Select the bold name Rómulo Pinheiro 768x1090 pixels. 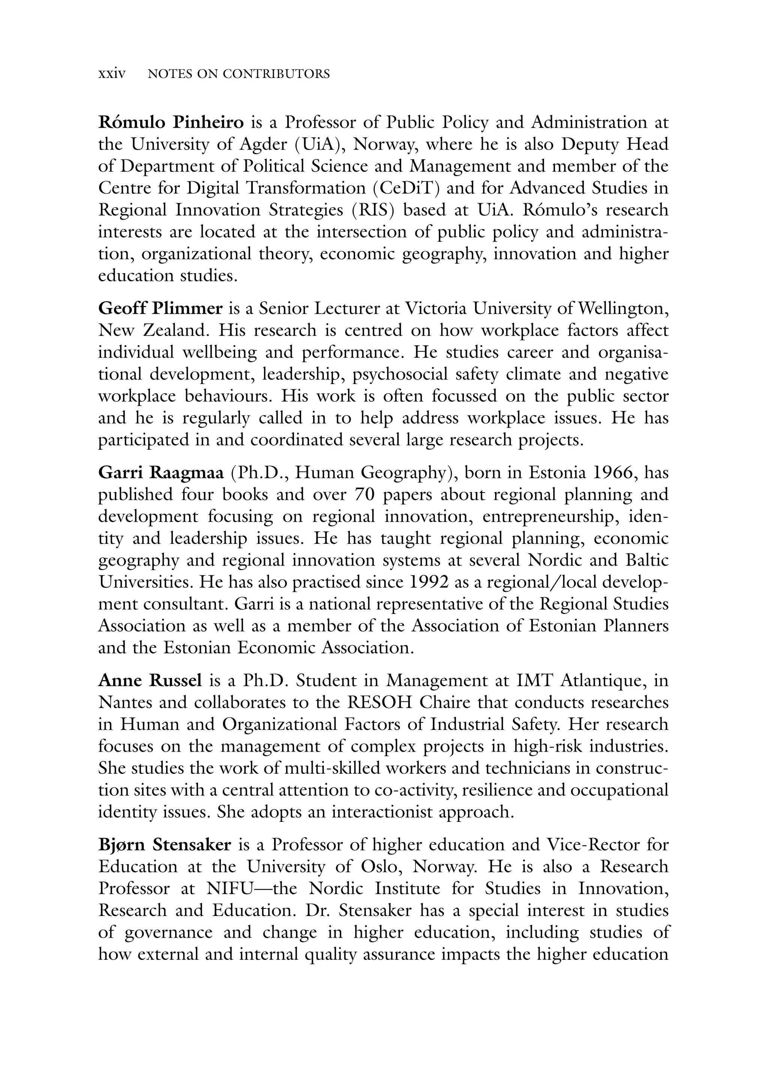[171, 123]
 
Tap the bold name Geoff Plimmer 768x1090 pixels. [160, 309]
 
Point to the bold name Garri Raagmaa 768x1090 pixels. [161, 473]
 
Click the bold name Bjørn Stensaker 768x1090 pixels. [165, 845]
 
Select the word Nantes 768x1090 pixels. [125, 703]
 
